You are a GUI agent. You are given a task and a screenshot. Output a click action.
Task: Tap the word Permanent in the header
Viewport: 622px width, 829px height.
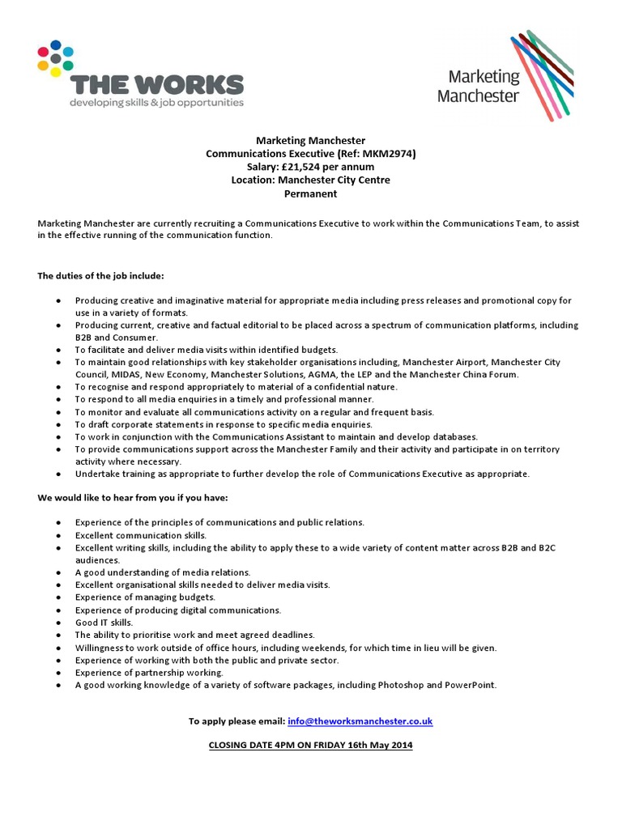click(x=310, y=193)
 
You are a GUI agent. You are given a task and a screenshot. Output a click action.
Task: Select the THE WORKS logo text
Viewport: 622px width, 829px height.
click(x=157, y=84)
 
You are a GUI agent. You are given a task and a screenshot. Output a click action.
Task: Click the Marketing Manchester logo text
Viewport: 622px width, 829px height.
click(x=478, y=86)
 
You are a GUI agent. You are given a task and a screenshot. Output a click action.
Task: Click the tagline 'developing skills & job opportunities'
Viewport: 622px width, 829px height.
click(x=156, y=103)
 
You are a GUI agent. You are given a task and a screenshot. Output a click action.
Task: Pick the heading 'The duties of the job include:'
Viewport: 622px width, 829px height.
click(x=101, y=276)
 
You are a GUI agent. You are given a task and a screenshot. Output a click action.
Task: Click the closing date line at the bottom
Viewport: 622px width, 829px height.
click(x=310, y=745)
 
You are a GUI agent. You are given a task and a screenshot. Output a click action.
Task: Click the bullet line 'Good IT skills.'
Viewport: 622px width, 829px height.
click(x=104, y=623)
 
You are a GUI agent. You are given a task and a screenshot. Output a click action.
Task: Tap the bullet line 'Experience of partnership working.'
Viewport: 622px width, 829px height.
click(x=149, y=672)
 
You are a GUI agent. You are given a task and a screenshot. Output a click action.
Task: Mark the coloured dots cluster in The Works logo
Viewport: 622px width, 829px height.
click(x=55, y=58)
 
